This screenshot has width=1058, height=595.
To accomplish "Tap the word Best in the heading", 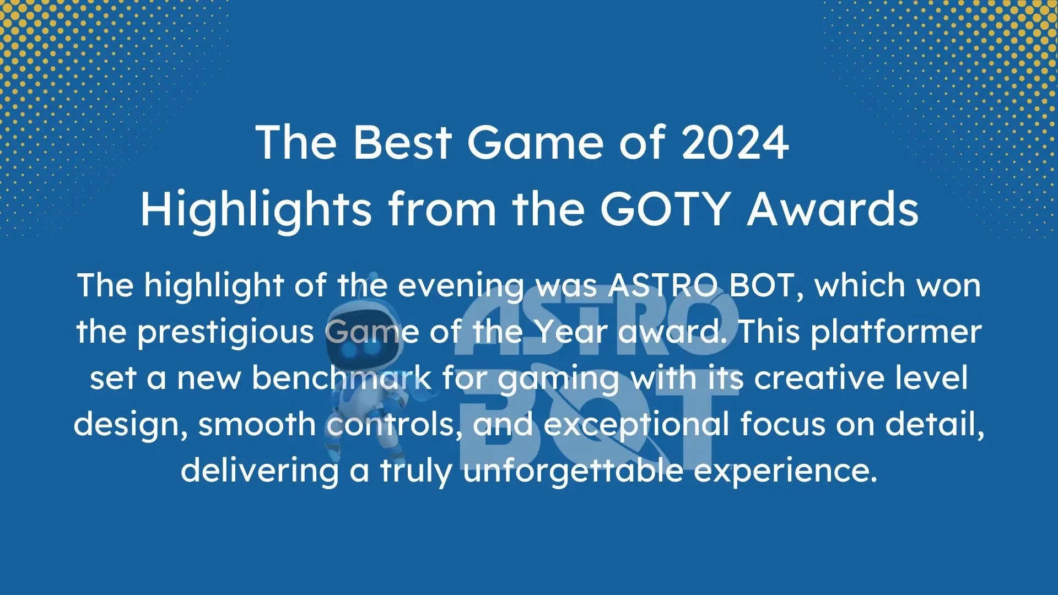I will [402, 142].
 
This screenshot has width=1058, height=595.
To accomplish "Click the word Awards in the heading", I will [833, 209].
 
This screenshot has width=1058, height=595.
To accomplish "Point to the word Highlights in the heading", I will [256, 210].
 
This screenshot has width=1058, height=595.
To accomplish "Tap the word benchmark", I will [342, 378].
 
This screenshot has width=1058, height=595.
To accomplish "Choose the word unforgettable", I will [573, 471].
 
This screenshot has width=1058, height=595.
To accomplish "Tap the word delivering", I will [260, 471].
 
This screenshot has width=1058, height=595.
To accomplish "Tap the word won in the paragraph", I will [954, 286].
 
